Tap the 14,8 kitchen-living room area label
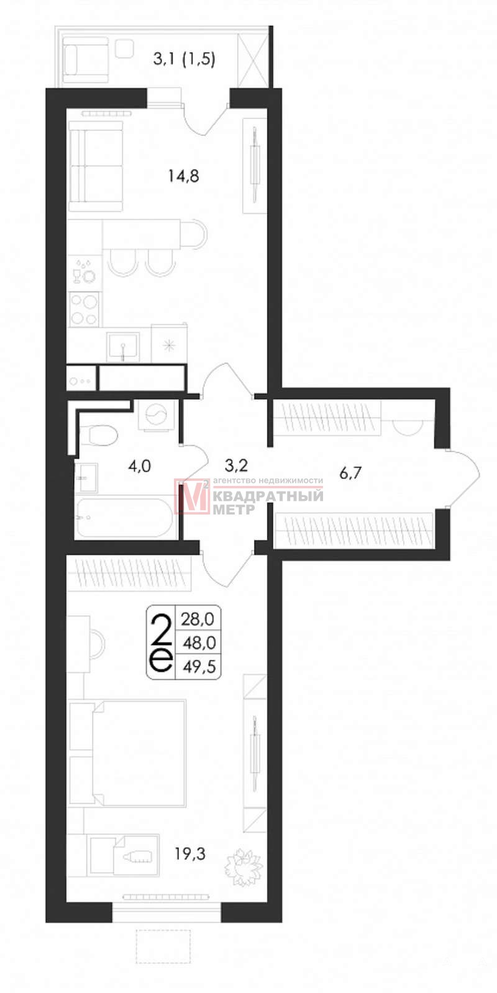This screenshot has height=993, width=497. (184, 177)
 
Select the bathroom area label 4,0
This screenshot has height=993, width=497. (139, 466)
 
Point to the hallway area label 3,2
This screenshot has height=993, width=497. (236, 465)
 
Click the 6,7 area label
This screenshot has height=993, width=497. (350, 473)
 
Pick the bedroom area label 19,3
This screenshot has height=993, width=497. (190, 853)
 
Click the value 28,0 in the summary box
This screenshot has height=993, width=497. (198, 619)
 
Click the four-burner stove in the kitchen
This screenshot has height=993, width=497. (84, 310)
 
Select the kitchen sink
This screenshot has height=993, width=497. (123, 347)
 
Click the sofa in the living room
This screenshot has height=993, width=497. (96, 166)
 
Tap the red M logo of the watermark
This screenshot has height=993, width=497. (192, 496)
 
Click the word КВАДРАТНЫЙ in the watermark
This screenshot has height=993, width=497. (268, 496)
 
